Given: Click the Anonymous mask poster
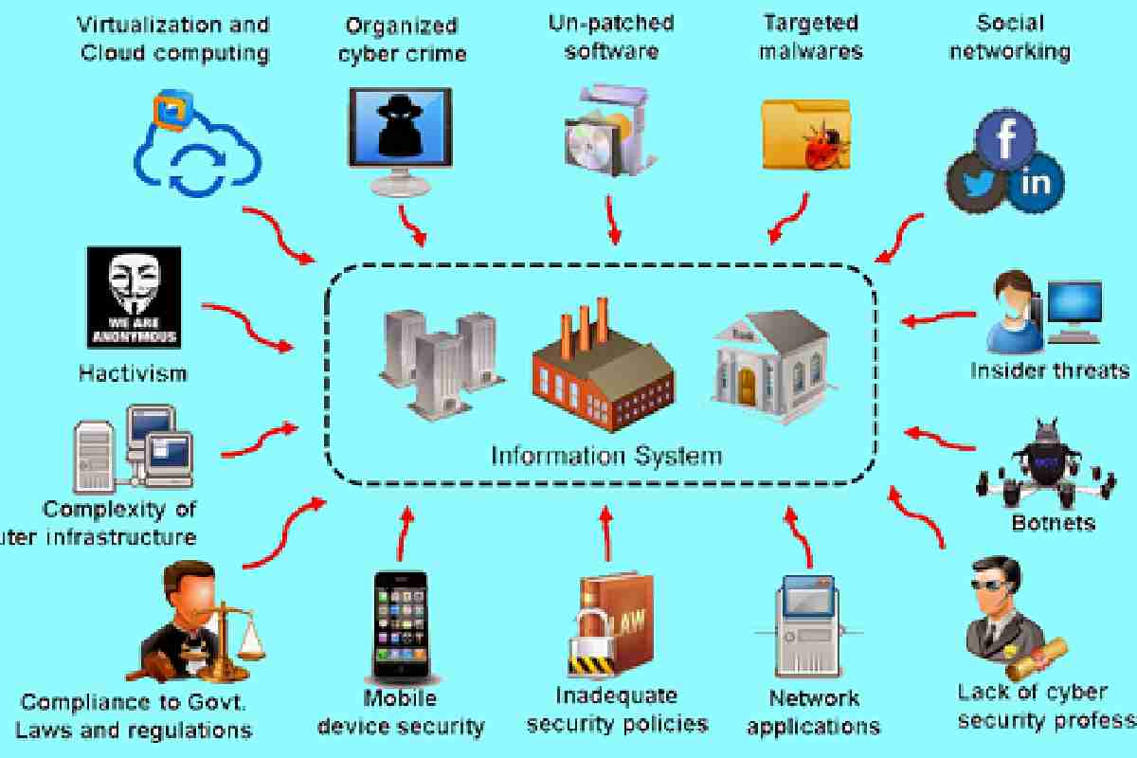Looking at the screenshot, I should [x=134, y=297].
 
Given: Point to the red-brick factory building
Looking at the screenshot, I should [x=602, y=365].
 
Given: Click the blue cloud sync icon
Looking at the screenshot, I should [x=194, y=152].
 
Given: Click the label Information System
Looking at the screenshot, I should [x=605, y=457].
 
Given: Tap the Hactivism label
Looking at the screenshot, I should [x=134, y=373].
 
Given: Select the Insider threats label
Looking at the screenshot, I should [x=1050, y=370].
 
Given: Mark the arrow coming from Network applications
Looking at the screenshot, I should [x=802, y=540].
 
